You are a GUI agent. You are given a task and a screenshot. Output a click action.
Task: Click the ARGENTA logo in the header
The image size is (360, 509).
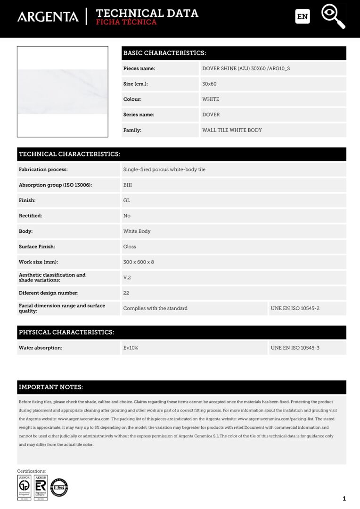48,17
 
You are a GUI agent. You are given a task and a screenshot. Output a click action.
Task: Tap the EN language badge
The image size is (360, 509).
303,16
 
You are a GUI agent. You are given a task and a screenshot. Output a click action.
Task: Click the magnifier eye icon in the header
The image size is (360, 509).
333,16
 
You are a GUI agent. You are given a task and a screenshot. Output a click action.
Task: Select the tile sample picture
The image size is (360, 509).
63,91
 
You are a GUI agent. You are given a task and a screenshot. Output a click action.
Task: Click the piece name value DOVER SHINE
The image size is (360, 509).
246,69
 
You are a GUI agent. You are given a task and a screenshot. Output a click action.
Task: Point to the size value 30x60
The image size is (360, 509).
209,84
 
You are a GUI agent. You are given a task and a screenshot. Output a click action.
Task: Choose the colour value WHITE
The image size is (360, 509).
211,99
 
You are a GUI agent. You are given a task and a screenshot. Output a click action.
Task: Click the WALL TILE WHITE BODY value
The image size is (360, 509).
232,130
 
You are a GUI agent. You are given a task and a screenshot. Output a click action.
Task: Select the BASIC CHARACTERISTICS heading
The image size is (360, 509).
164,53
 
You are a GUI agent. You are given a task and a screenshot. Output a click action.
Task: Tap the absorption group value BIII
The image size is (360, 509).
128,185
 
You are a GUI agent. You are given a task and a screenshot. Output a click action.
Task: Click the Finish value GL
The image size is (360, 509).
127,200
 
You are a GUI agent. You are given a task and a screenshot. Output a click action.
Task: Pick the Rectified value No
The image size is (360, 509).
127,216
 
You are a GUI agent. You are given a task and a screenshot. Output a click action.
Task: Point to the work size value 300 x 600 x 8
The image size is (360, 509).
139,262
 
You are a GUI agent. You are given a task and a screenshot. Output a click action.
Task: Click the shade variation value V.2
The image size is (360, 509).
127,278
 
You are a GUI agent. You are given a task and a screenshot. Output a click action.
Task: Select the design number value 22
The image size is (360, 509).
126,293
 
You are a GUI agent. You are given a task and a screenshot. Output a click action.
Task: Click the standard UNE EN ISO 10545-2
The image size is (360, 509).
295,308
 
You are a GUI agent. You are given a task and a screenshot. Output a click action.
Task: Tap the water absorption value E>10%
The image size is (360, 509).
131,348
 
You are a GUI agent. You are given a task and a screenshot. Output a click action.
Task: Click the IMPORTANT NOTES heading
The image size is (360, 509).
51,387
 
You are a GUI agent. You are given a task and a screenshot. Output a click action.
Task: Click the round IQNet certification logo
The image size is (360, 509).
59,487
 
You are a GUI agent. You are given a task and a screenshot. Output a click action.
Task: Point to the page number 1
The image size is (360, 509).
344,499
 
